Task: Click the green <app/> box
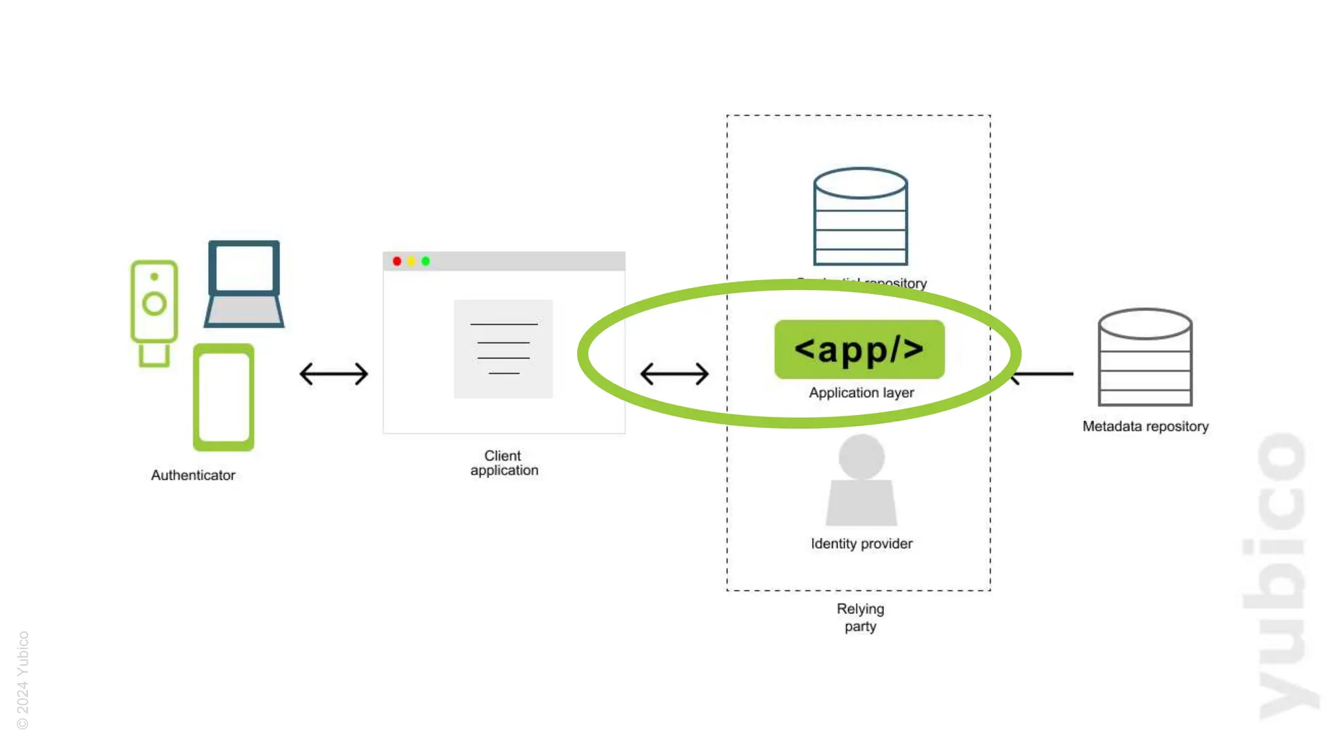coord(859,349)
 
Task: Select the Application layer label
coord(861,393)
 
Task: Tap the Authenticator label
coord(193,475)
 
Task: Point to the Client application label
coord(504,463)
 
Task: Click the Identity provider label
coord(861,543)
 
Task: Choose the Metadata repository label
coord(1145,426)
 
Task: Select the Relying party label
coord(860,617)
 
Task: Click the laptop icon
coord(244,284)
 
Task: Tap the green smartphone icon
coord(224,397)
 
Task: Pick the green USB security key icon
coord(154,312)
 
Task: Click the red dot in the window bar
coord(397,261)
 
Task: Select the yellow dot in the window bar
coord(412,261)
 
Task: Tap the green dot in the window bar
coord(426,261)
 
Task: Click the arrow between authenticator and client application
coord(334,374)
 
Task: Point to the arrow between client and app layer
coord(675,374)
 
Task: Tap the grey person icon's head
coord(861,456)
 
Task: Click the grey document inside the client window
coord(503,349)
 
